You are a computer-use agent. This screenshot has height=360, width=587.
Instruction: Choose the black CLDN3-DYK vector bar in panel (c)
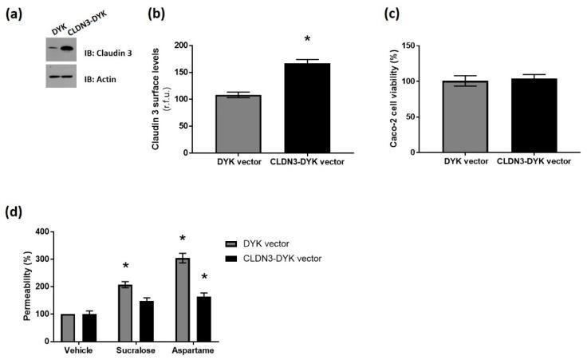click(x=528, y=115)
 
